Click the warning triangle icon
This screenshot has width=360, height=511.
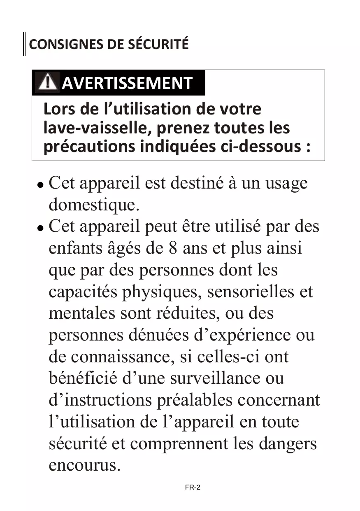coord(46,82)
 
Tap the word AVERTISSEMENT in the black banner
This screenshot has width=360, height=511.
coord(127,83)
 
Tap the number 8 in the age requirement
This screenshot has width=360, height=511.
coord(173,248)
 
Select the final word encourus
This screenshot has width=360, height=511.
coord(84,465)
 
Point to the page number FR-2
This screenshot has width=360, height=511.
coord(193,488)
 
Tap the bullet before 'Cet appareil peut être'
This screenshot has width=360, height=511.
coord(40,227)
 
